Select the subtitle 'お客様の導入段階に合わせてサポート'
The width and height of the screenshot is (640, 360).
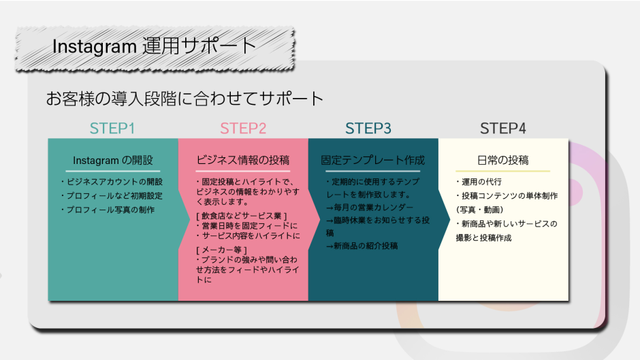pos(185,99)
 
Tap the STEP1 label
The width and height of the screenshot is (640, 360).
pos(112,129)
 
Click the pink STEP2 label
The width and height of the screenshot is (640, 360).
pos(243,129)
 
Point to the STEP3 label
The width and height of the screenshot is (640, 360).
pos(368,129)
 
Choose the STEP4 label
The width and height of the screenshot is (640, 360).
pos(503,129)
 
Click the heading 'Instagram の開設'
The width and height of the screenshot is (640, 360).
pos(113,161)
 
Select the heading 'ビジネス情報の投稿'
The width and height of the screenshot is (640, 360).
pos(243,161)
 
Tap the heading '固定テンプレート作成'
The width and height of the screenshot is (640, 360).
pos(373,161)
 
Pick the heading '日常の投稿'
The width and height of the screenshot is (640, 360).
pos(503,161)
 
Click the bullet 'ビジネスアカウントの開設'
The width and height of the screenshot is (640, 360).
pos(112,182)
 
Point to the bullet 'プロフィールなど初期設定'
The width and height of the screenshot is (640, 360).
pos(112,196)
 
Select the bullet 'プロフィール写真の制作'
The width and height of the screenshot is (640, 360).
pos(108,210)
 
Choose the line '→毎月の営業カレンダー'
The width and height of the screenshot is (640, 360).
pos(369,208)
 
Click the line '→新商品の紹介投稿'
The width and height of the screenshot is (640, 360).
pos(362,246)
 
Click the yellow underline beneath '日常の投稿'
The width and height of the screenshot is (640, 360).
pos(503,171)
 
